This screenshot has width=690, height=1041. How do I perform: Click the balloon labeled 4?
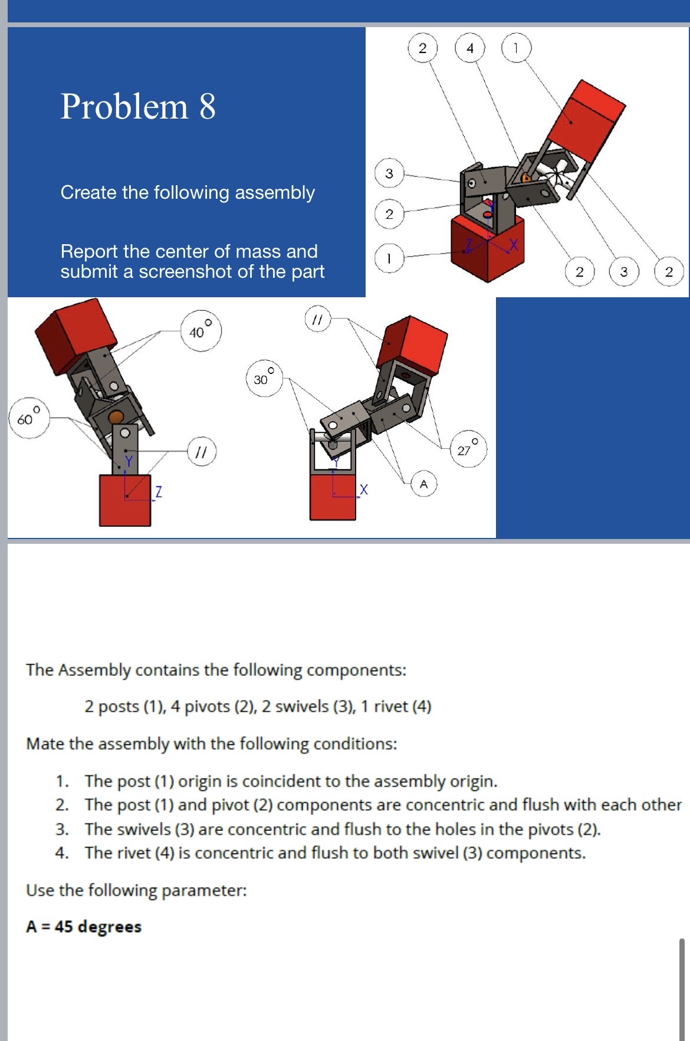(x=469, y=48)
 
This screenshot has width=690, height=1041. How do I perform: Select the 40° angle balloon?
(x=201, y=331)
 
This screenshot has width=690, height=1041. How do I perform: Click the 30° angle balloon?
(x=264, y=378)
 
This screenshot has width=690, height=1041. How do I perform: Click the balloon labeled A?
(x=423, y=484)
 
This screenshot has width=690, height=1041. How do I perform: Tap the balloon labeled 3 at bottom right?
(x=623, y=272)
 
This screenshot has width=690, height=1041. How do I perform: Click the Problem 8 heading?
(x=138, y=107)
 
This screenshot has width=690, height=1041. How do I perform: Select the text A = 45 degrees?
(x=84, y=927)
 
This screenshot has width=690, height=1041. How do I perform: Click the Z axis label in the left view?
(x=158, y=491)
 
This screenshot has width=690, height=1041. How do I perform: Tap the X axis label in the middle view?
(x=363, y=490)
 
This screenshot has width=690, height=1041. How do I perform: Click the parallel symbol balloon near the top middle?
(x=317, y=319)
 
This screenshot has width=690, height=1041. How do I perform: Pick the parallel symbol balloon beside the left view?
(x=202, y=452)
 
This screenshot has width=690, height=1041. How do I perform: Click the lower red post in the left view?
(x=124, y=501)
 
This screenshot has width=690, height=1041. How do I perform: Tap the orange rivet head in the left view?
(x=117, y=416)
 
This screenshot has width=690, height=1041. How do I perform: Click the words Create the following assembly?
(x=188, y=192)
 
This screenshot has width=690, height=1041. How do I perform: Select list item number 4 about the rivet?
(x=334, y=853)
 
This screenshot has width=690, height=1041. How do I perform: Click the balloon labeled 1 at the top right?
(x=516, y=48)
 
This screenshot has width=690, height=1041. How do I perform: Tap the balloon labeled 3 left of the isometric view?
(x=389, y=173)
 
